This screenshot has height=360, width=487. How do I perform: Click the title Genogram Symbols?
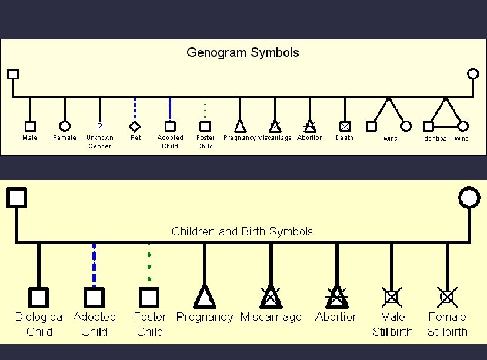pyautogui.click(x=242, y=53)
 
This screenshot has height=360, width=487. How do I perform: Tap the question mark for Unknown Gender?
pyautogui.click(x=99, y=126)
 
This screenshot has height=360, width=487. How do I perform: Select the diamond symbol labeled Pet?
pyautogui.click(x=135, y=126)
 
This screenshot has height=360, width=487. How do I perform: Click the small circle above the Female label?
pyautogui.click(x=65, y=126)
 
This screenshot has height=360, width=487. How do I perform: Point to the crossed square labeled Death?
pyautogui.click(x=345, y=126)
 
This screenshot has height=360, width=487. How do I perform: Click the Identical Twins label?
pyautogui.click(x=445, y=139)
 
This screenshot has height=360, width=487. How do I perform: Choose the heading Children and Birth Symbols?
pyautogui.click(x=242, y=231)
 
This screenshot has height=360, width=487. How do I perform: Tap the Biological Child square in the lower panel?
pyautogui.click(x=39, y=297)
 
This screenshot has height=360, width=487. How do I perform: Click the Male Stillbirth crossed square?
pyautogui.click(x=392, y=297)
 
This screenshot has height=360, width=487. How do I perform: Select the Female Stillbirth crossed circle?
pyautogui.click(x=447, y=297)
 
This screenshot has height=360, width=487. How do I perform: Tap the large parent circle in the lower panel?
pyautogui.click(x=469, y=197)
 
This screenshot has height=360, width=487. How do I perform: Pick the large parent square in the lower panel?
pyautogui.click(x=16, y=197)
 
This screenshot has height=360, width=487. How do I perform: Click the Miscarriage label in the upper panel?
pyautogui.click(x=274, y=138)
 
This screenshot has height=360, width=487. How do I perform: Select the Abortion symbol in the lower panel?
pyautogui.click(x=336, y=296)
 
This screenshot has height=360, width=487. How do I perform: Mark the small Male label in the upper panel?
pyautogui.click(x=30, y=138)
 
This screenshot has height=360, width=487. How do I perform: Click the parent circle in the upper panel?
pyautogui.click(x=473, y=74)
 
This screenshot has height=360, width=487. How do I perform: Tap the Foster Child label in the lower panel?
pyautogui.click(x=149, y=324)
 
